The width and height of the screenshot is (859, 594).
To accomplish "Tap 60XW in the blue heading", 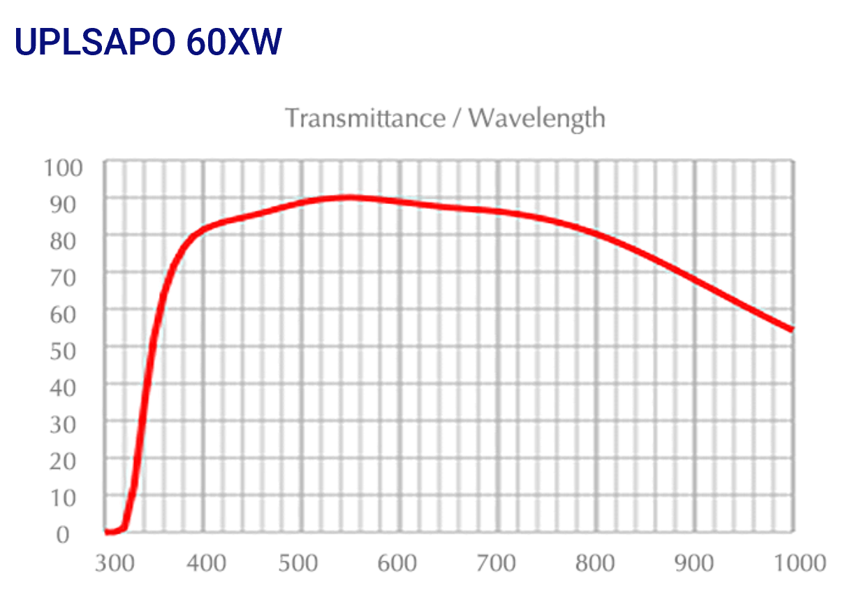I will [x=234, y=43].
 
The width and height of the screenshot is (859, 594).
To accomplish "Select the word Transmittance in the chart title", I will [x=365, y=118].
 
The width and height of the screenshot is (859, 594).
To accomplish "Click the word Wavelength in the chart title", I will [x=536, y=119].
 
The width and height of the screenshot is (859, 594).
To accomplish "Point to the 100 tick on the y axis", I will [x=64, y=168].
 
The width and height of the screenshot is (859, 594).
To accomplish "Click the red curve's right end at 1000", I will [x=791, y=329].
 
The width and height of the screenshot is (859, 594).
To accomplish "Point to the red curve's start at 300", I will [x=108, y=533].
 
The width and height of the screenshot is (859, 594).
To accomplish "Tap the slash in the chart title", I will [x=457, y=119].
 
